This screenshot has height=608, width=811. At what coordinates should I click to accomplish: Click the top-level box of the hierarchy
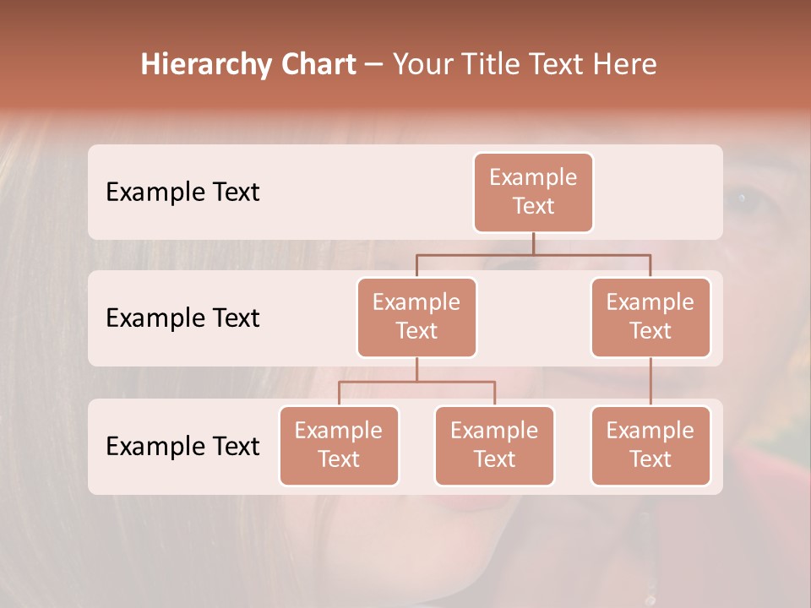tap(533, 193)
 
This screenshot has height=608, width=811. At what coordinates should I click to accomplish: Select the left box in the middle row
tap(416, 317)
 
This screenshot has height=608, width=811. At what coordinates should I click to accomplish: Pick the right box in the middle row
tap(650, 317)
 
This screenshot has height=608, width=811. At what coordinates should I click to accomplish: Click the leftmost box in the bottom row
tap(339, 445)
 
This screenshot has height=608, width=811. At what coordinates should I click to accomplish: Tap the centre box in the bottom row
tap(494, 445)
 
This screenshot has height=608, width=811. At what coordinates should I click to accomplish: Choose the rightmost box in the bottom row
tap(650, 445)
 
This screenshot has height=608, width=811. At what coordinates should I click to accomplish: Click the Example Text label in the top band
tap(182, 193)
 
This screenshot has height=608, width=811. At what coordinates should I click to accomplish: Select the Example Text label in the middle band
tap(182, 318)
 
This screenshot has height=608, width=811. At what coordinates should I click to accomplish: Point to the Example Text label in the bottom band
tap(182, 446)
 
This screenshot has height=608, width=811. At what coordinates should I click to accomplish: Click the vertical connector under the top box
tap(533, 243)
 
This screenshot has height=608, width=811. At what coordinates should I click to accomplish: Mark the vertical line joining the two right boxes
tap(650, 382)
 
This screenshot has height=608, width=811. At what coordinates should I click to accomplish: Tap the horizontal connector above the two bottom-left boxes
tap(416, 382)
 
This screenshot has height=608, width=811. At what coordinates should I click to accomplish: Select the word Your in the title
tap(421, 65)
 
